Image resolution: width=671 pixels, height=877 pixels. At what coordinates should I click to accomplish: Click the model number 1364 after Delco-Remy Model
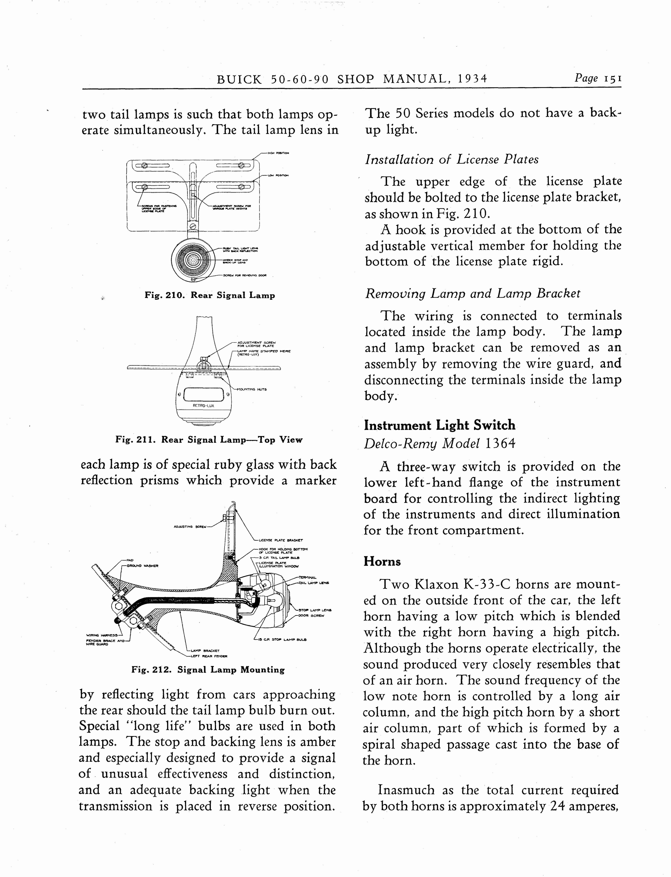[x=501, y=443]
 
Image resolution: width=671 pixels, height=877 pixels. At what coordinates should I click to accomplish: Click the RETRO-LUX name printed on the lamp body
[x=203, y=406]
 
